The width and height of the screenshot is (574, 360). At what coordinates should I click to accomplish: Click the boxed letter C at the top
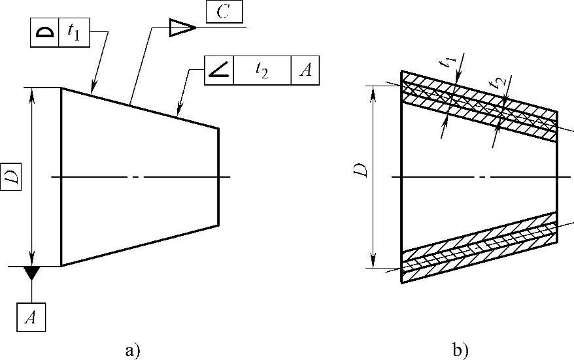point(224,13)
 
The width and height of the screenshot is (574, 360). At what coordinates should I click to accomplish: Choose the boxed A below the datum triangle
point(31,318)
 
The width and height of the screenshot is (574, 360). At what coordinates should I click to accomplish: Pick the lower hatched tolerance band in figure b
point(477,245)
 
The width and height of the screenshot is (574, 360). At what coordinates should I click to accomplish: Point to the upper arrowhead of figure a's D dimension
point(31,92)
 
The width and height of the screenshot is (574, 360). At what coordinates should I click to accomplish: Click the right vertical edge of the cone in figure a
point(218,176)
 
